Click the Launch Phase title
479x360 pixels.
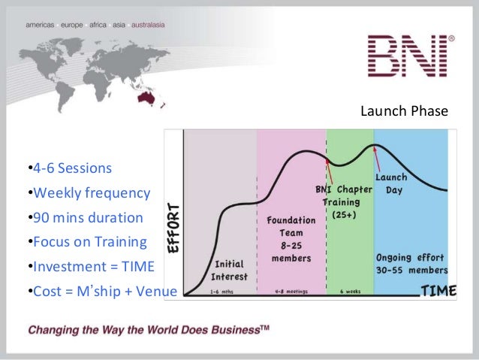[404, 112]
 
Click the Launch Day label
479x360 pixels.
[391, 183]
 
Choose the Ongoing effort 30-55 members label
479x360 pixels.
[411, 264]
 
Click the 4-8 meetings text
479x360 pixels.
[290, 291]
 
